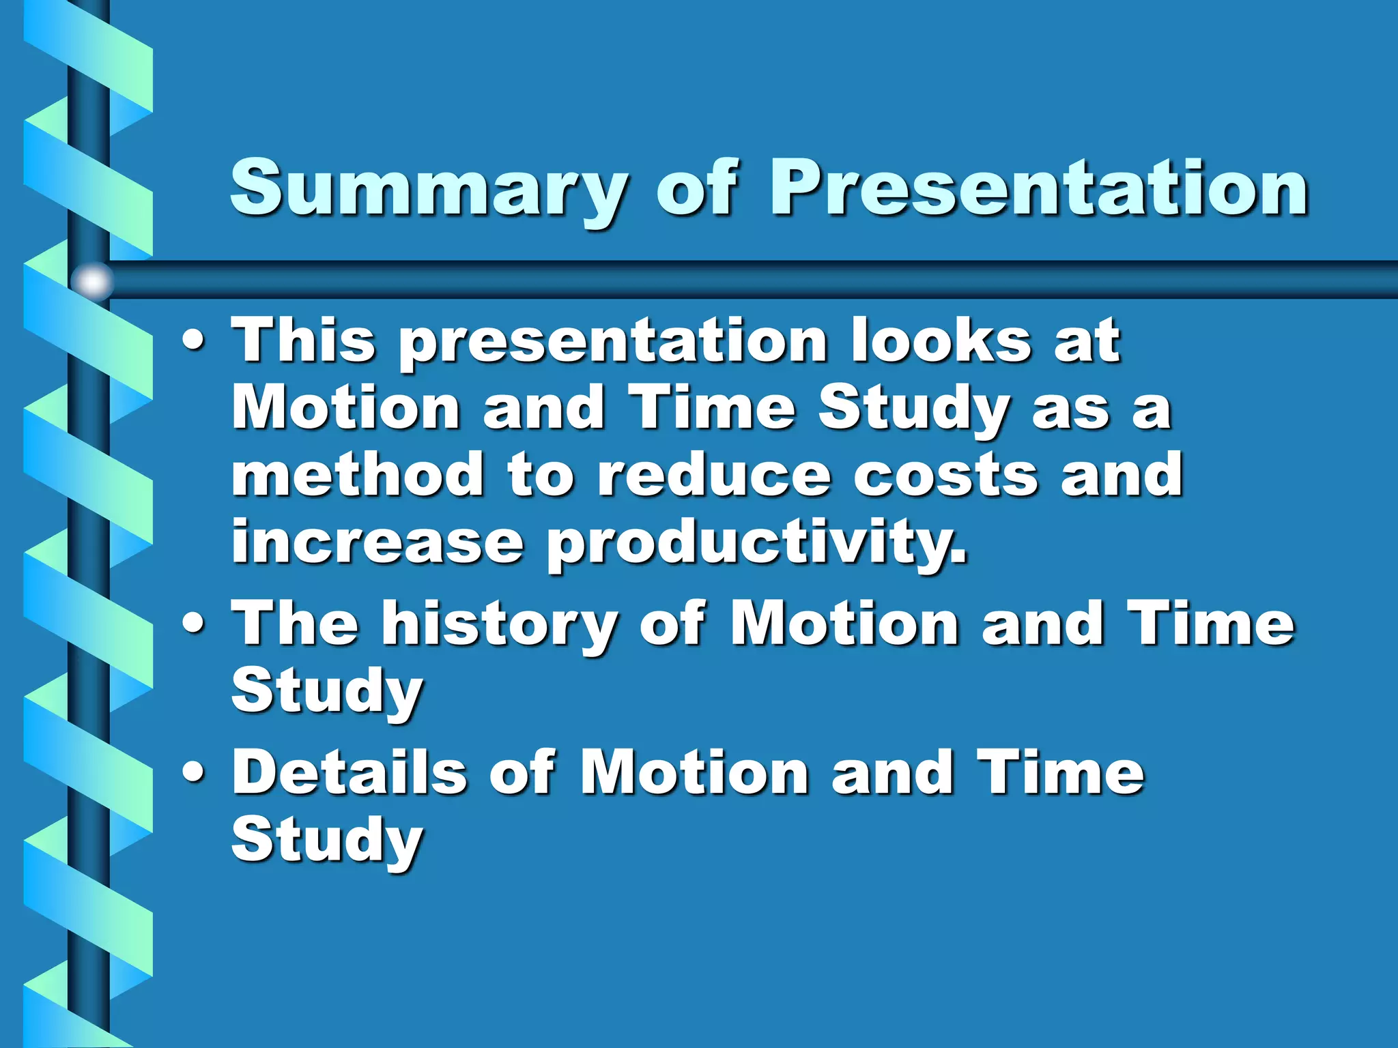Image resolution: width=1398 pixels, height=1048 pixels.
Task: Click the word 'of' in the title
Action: (696, 188)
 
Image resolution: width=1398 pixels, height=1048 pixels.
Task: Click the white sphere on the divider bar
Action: (92, 280)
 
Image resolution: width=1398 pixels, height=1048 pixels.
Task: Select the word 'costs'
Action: (946, 476)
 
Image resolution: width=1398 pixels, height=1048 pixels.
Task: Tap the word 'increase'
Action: (377, 542)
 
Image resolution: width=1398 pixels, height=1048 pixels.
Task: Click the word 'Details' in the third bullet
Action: (349, 772)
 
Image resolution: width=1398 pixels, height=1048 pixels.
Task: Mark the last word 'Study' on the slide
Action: (327, 841)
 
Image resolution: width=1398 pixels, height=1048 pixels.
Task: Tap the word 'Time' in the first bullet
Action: (713, 408)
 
